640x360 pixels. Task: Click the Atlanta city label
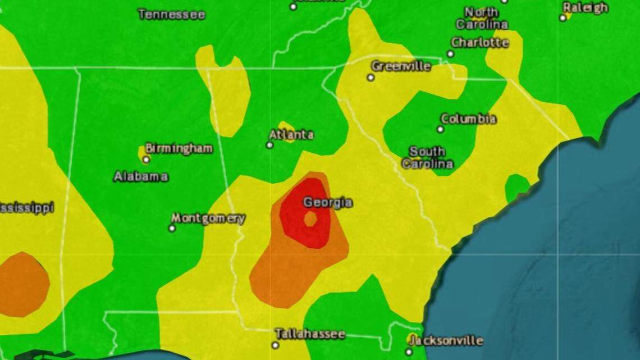[x=291, y=135]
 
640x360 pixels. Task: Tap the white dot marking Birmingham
[x=146, y=160]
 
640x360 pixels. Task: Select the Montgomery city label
[x=208, y=218]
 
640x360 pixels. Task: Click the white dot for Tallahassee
[x=275, y=345]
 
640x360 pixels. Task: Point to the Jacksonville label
[x=446, y=340]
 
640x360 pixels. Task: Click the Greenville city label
[x=401, y=66]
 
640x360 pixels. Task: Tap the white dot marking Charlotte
[x=450, y=54]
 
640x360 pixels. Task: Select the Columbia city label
[x=468, y=119]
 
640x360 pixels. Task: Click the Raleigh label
[x=586, y=8]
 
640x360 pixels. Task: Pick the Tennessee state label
[x=172, y=15]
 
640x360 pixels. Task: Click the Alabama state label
[x=141, y=176]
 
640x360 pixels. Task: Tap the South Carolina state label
[x=431, y=158]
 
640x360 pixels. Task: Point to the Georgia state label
[x=328, y=203]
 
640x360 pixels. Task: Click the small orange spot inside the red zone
[x=310, y=219]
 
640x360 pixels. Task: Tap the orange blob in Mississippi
[x=22, y=284]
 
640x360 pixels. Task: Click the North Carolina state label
[x=482, y=18]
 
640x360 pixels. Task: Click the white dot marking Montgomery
[x=172, y=228]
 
